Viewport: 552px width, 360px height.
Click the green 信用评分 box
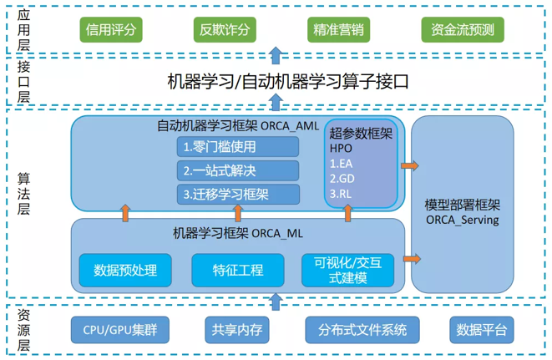click(x=111, y=30)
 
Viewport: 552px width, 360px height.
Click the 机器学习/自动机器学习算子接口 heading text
click(x=276, y=82)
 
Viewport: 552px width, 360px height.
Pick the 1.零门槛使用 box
click(x=239, y=147)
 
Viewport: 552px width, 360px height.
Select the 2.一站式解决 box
click(x=239, y=170)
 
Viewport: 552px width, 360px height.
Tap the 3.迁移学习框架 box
click(x=239, y=195)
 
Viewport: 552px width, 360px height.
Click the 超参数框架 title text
click(x=361, y=134)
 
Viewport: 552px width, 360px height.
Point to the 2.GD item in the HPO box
click(x=343, y=178)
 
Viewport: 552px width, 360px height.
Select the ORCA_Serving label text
click(x=462, y=221)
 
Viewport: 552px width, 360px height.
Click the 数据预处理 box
click(x=125, y=270)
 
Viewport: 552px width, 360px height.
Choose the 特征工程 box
click(x=238, y=270)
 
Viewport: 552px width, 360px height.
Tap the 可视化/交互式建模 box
click(x=348, y=270)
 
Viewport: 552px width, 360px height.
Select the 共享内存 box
click(x=238, y=330)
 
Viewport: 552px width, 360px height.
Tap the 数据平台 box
click(x=481, y=330)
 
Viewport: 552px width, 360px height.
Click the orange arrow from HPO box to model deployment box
click(x=409, y=165)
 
